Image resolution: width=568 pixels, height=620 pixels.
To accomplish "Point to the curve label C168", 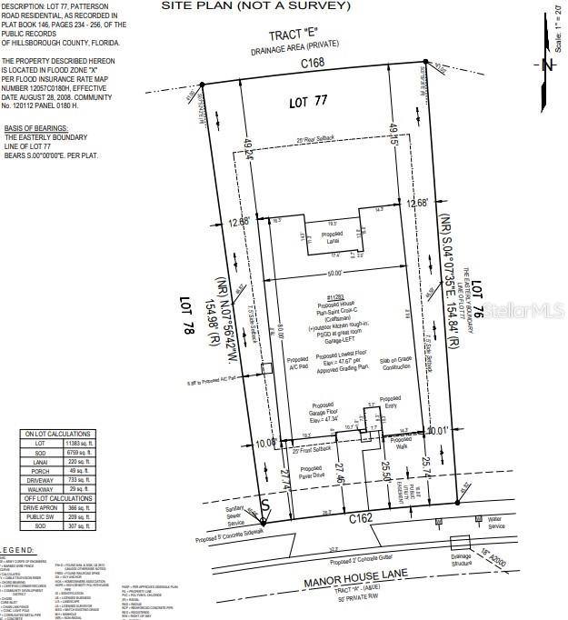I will pyautogui.click(x=315, y=63).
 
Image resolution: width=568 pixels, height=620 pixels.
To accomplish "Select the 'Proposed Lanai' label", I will pyautogui.click(x=317, y=235).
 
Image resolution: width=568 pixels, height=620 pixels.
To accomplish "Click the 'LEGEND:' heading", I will pyautogui.click(x=17, y=551).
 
